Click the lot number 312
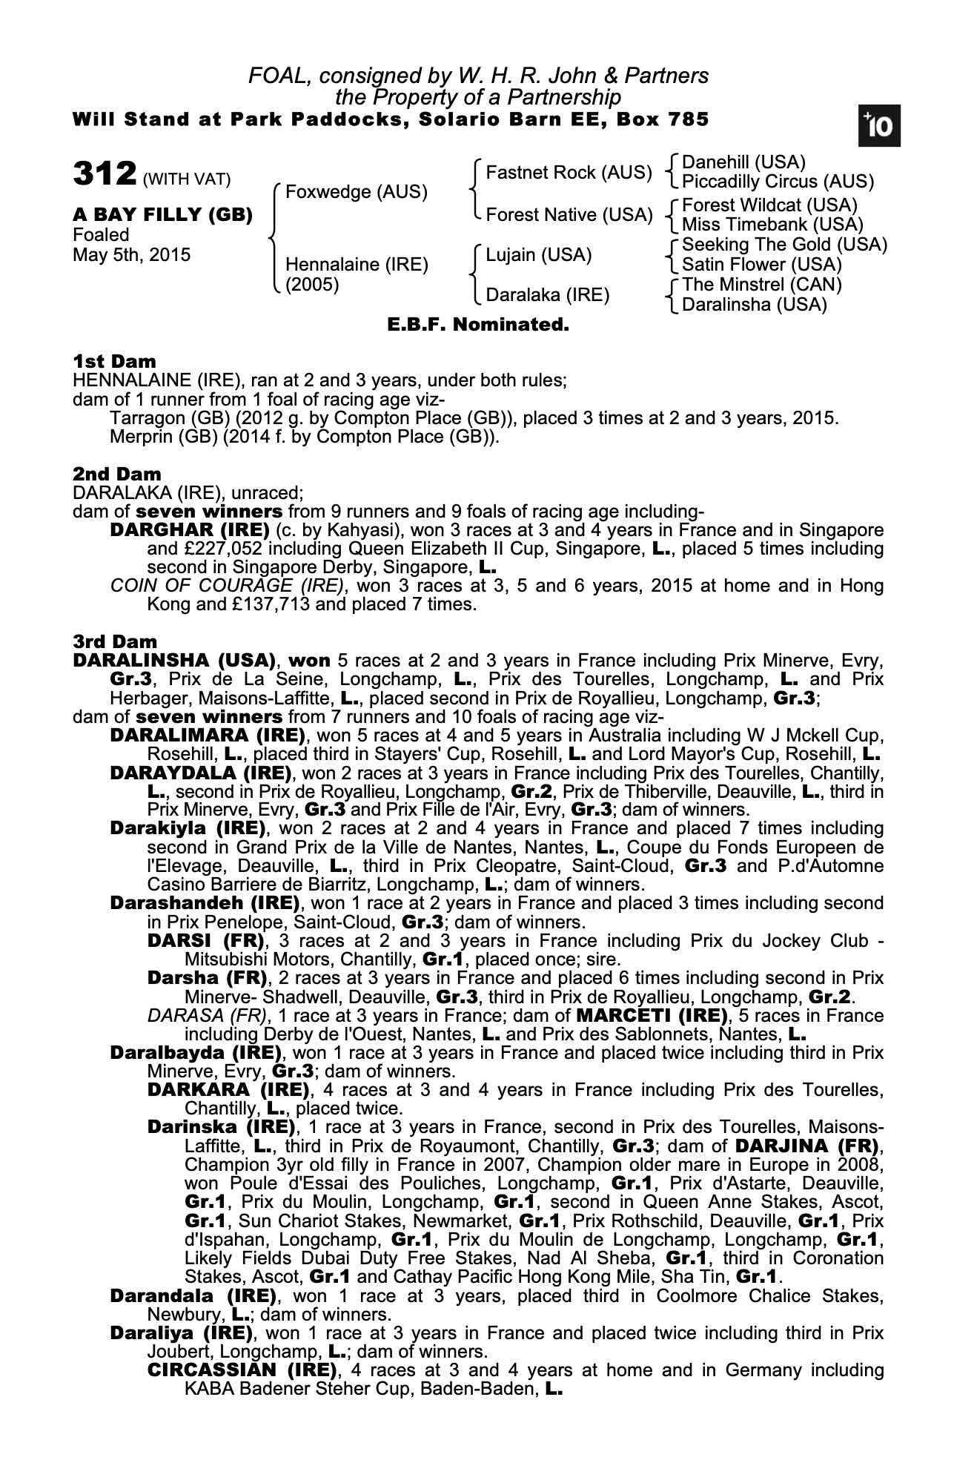[x=105, y=174]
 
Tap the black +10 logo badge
[x=879, y=127]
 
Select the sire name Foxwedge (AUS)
[x=357, y=192]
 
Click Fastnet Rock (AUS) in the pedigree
[x=569, y=173]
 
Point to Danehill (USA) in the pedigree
[x=743, y=162]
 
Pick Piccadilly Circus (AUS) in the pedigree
[x=778, y=182]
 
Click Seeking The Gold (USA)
[x=784, y=245]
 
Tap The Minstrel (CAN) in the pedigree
[x=762, y=285]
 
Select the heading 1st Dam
[x=115, y=361]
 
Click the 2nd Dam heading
[x=117, y=474]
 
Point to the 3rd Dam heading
[x=116, y=641]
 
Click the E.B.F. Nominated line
[x=478, y=324]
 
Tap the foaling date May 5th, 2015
[x=131, y=255]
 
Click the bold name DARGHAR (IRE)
[x=189, y=530]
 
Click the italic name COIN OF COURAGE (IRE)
[x=227, y=586]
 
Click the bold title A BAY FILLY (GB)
[x=162, y=215]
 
